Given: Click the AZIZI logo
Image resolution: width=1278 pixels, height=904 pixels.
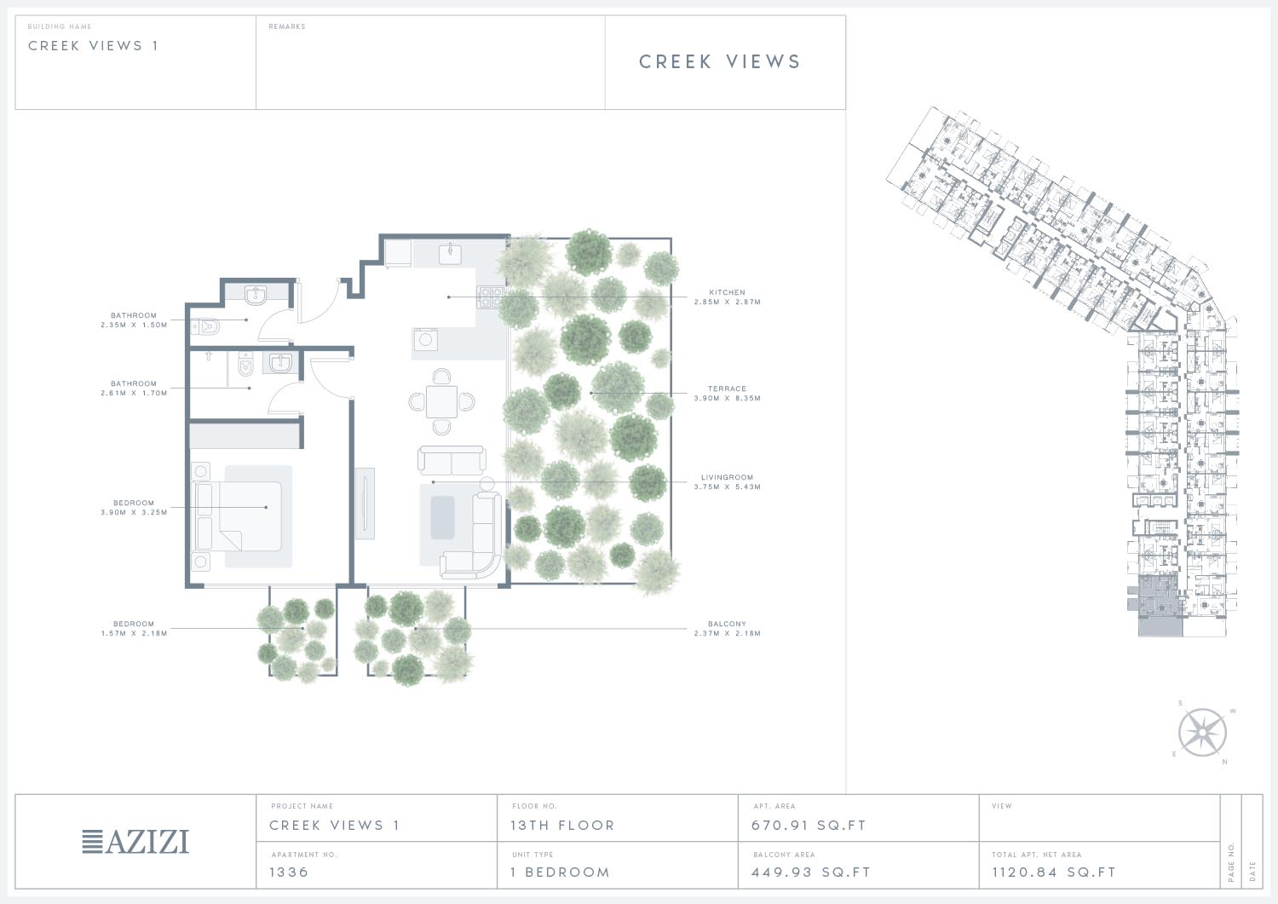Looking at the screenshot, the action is pos(135,841).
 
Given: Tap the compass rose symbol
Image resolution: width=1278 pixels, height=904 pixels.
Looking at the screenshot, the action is pos(1202,732).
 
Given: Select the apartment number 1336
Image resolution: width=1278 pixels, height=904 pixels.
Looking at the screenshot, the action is pos(289,872).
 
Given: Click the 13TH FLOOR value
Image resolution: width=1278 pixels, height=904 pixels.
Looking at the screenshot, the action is pos(562,826).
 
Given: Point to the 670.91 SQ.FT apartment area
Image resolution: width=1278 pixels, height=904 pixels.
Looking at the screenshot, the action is pos(809,826).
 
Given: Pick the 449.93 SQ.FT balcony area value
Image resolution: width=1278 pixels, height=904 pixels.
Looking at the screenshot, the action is pos(811,872).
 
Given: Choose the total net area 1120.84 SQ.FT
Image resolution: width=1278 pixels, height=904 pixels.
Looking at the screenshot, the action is pos(1054,872).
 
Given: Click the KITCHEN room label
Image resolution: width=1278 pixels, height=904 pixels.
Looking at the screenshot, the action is pos(727,292).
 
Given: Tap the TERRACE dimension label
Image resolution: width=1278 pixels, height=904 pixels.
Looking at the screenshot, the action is pos(728,394).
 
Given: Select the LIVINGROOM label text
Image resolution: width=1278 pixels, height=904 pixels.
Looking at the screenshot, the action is pos(727,477).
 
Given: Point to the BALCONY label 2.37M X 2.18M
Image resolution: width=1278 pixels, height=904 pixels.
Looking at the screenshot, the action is pos(728,628).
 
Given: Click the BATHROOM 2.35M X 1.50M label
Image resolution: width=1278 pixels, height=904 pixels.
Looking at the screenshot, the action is pos(134,320).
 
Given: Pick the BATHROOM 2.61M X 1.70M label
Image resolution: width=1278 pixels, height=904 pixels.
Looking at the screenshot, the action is pos(134,388).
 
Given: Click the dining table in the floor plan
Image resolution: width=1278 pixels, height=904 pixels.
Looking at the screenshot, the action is pos(441,402).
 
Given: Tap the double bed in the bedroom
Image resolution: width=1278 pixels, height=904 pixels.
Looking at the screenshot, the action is pos(239,516).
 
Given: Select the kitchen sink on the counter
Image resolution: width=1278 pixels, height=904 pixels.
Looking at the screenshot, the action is pos(450,253).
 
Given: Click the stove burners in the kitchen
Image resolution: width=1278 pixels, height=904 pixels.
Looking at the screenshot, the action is pos(491,297).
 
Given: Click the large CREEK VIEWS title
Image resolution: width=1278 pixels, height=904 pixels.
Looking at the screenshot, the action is pos(720,61).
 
